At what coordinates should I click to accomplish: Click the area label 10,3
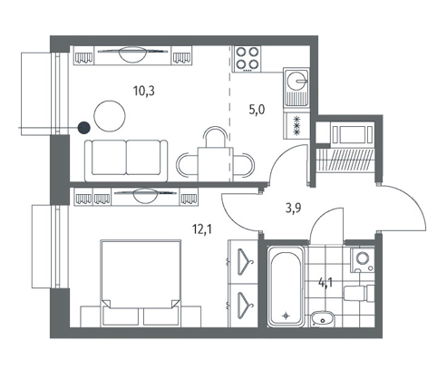(x=144, y=91)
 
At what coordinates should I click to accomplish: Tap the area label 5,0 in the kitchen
(x=257, y=110)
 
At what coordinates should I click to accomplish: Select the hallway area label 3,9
(x=293, y=209)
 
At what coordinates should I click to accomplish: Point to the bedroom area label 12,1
(x=202, y=229)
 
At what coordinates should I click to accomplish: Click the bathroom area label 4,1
(x=325, y=283)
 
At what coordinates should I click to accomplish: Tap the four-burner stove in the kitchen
(x=248, y=59)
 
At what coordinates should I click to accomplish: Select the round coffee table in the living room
(x=110, y=116)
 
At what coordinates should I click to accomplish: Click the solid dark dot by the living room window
(x=84, y=128)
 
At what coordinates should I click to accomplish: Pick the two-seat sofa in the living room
(x=126, y=160)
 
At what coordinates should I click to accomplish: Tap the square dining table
(x=215, y=164)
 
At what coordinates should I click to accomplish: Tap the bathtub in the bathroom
(x=286, y=287)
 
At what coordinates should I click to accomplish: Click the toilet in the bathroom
(x=359, y=293)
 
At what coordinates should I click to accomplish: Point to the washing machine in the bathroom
(x=363, y=259)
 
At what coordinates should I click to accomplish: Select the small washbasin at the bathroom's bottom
(x=322, y=319)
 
